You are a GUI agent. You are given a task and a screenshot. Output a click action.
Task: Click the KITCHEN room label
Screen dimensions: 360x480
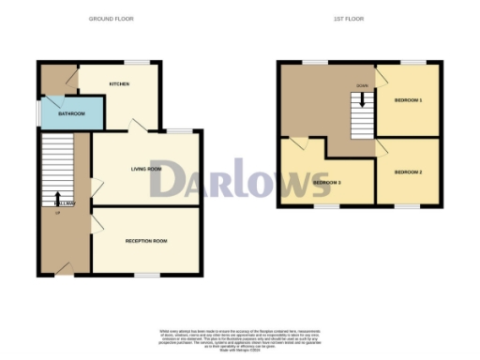click(119, 84)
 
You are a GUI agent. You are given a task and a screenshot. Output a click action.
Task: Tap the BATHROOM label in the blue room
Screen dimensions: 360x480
click(72, 113)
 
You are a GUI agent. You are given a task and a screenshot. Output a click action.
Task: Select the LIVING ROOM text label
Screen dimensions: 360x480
click(146, 169)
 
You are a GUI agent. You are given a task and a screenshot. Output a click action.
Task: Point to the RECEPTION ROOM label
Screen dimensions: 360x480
click(146, 241)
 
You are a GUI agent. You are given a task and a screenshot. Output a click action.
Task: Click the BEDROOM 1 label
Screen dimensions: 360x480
click(408, 99)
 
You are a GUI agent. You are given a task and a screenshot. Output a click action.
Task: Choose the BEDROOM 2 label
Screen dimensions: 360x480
click(408, 172)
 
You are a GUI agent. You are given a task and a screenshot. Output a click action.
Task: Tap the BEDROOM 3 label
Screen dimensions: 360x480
click(326, 182)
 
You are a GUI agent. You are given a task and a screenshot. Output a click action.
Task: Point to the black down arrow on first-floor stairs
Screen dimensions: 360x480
click(362, 95)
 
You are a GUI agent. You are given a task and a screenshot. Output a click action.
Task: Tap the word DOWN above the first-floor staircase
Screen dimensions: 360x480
click(362, 84)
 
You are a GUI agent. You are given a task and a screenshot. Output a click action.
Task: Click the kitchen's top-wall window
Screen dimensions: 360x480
click(138, 63)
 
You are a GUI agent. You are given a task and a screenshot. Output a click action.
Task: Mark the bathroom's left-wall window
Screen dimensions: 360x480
click(38, 112)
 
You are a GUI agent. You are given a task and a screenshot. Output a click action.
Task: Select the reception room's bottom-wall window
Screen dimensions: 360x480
click(146, 275)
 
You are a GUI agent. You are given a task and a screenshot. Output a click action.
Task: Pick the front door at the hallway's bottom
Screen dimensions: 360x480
click(63, 270)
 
